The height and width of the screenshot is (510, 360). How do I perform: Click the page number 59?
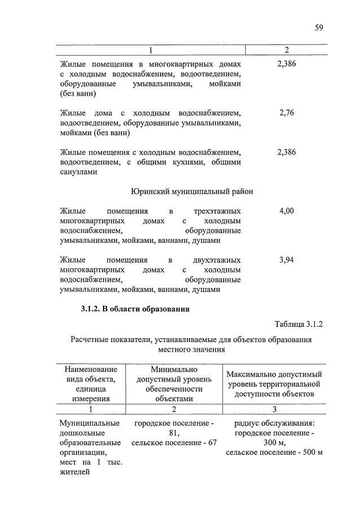pos(319,27)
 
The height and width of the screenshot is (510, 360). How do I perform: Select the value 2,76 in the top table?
pos(287,113)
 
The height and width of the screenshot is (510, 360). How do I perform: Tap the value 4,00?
pos(287,211)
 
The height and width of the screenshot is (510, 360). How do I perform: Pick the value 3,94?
pos(287,260)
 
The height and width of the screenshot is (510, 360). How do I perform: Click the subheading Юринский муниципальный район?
pos(192,192)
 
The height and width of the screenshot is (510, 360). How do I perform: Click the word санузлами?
pos(78,172)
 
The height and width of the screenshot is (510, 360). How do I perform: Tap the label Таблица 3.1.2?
pos(298,325)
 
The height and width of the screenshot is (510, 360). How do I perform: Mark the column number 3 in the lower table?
pos(274,409)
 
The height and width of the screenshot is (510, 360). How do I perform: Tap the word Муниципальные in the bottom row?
pos(89,423)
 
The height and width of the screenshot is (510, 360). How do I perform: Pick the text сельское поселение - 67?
pos(174,442)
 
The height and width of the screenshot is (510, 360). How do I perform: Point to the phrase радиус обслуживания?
pos(274,423)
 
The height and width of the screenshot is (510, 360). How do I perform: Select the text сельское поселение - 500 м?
pos(274,452)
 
